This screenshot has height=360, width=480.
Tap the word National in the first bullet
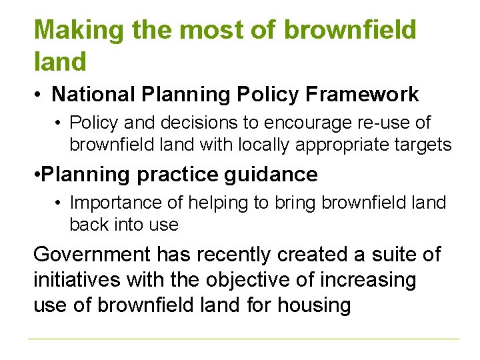tap(93, 95)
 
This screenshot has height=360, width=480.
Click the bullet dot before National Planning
tap(40, 95)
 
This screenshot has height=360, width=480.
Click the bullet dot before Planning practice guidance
tap(37, 175)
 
